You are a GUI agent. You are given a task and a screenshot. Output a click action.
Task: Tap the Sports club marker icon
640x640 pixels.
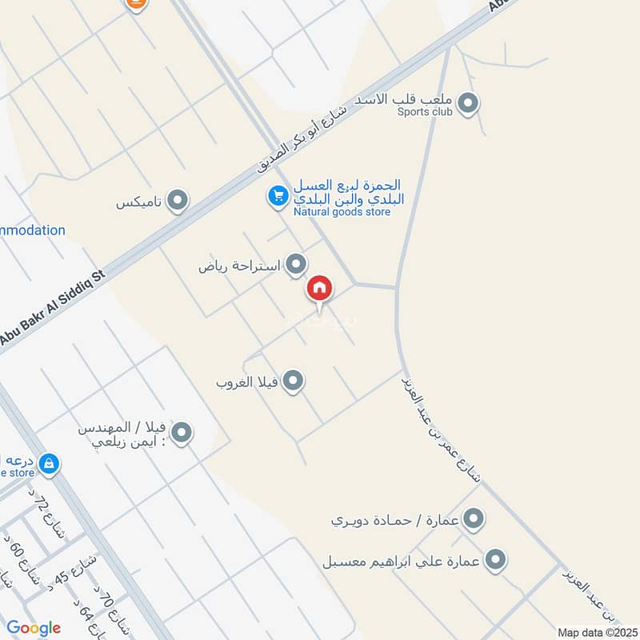coord(469,103)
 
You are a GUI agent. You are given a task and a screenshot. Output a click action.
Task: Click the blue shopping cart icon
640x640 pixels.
coord(278,195)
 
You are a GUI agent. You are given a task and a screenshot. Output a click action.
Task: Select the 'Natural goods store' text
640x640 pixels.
coord(342,212)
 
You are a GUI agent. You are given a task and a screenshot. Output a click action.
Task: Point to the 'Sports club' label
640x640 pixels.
coord(425,112)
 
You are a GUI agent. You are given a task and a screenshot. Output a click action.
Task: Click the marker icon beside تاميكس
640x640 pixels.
coord(178,201)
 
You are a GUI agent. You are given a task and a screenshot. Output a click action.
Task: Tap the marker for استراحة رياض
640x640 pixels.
coord(297,263)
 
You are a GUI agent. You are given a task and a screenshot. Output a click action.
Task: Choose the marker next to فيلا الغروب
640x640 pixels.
coord(294,381)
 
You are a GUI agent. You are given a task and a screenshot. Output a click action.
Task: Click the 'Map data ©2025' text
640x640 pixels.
coord(597,632)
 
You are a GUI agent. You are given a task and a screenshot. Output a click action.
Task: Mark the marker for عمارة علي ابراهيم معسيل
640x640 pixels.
coord(496,560)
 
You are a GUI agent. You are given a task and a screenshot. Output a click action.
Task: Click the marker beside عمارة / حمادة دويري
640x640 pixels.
coord(474,519)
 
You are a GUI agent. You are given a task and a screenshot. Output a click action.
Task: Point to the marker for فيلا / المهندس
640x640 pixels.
coord(182,433)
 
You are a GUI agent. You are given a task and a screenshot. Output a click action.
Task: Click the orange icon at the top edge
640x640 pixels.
coord(137,4)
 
